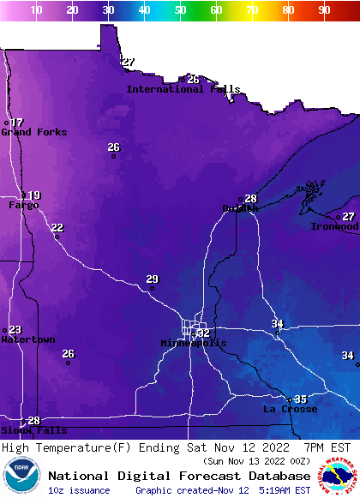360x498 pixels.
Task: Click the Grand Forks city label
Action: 34,132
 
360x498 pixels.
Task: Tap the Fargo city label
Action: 23,206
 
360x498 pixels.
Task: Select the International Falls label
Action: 183,89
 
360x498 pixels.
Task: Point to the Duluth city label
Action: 240,208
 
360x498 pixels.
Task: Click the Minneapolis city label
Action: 194,343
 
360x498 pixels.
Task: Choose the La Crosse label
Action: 290,410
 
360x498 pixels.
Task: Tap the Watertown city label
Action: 27,340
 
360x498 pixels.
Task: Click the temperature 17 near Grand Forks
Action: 17,123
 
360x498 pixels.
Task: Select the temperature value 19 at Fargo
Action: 34,195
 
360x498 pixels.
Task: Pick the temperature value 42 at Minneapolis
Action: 203,333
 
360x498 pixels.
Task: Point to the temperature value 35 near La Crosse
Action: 300,399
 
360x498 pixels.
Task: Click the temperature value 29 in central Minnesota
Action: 152,279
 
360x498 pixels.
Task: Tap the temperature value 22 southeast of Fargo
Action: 57,227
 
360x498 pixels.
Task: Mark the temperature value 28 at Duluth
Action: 251,199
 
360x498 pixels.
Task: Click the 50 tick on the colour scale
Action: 180,9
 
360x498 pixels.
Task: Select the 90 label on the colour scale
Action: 324,9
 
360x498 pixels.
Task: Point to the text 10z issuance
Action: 79,490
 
